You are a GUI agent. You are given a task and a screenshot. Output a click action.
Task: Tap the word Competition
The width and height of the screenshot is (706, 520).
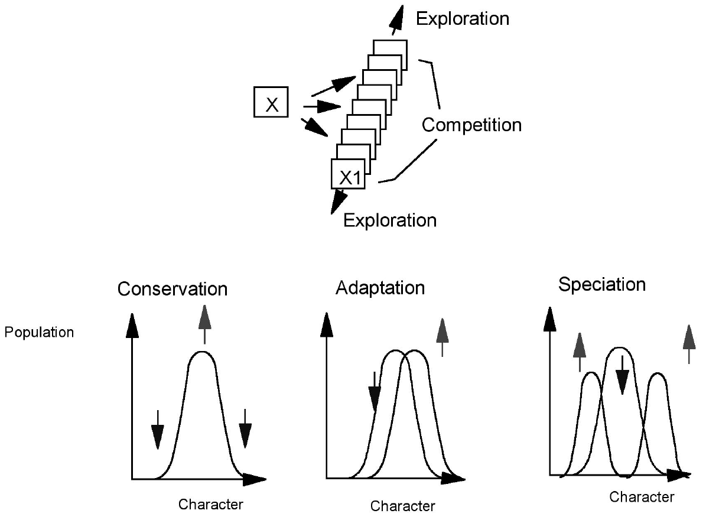click(471, 125)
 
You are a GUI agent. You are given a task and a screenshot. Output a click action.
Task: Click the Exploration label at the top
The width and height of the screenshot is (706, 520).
click(462, 18)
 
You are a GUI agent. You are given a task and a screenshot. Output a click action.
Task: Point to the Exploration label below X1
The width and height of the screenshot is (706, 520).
click(390, 220)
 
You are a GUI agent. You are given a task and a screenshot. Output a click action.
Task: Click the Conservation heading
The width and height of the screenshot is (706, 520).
click(172, 289)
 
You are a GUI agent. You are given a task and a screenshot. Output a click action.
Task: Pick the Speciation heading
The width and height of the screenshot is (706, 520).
click(602, 284)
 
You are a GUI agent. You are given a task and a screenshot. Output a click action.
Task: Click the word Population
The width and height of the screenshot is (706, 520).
click(39, 332)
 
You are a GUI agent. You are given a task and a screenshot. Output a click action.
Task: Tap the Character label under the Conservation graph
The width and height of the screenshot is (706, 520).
click(211, 504)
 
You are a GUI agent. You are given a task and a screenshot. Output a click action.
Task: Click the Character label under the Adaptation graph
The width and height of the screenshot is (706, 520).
click(402, 506)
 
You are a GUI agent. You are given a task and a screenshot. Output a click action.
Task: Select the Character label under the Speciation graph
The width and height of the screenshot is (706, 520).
click(641, 496)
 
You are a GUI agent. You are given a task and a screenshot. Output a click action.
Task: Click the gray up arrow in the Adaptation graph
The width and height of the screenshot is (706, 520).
click(443, 337)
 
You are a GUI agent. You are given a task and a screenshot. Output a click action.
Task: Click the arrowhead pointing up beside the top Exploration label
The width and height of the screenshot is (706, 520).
click(397, 18)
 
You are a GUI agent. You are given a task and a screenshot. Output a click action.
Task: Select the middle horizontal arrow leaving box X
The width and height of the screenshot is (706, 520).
click(322, 107)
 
